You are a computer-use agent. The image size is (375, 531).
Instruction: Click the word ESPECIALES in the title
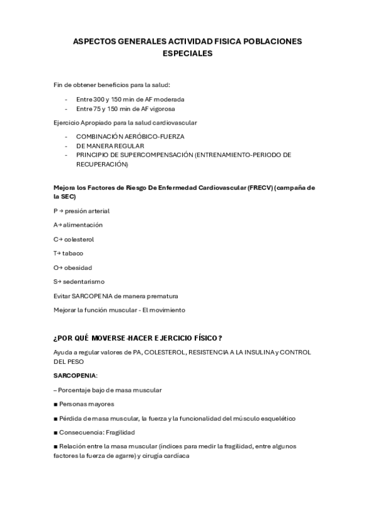(187, 54)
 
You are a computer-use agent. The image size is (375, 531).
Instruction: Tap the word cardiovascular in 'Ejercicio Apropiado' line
(178, 122)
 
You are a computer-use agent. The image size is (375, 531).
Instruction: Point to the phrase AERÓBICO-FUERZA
(155, 136)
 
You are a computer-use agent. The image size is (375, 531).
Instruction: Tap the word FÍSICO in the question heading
(204, 338)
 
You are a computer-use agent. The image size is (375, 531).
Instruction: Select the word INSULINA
(250, 352)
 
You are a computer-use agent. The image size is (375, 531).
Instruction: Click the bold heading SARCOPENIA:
(75, 376)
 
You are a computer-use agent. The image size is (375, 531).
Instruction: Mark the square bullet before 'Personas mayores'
(56, 404)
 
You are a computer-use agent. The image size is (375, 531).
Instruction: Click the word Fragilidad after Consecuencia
(120, 432)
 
